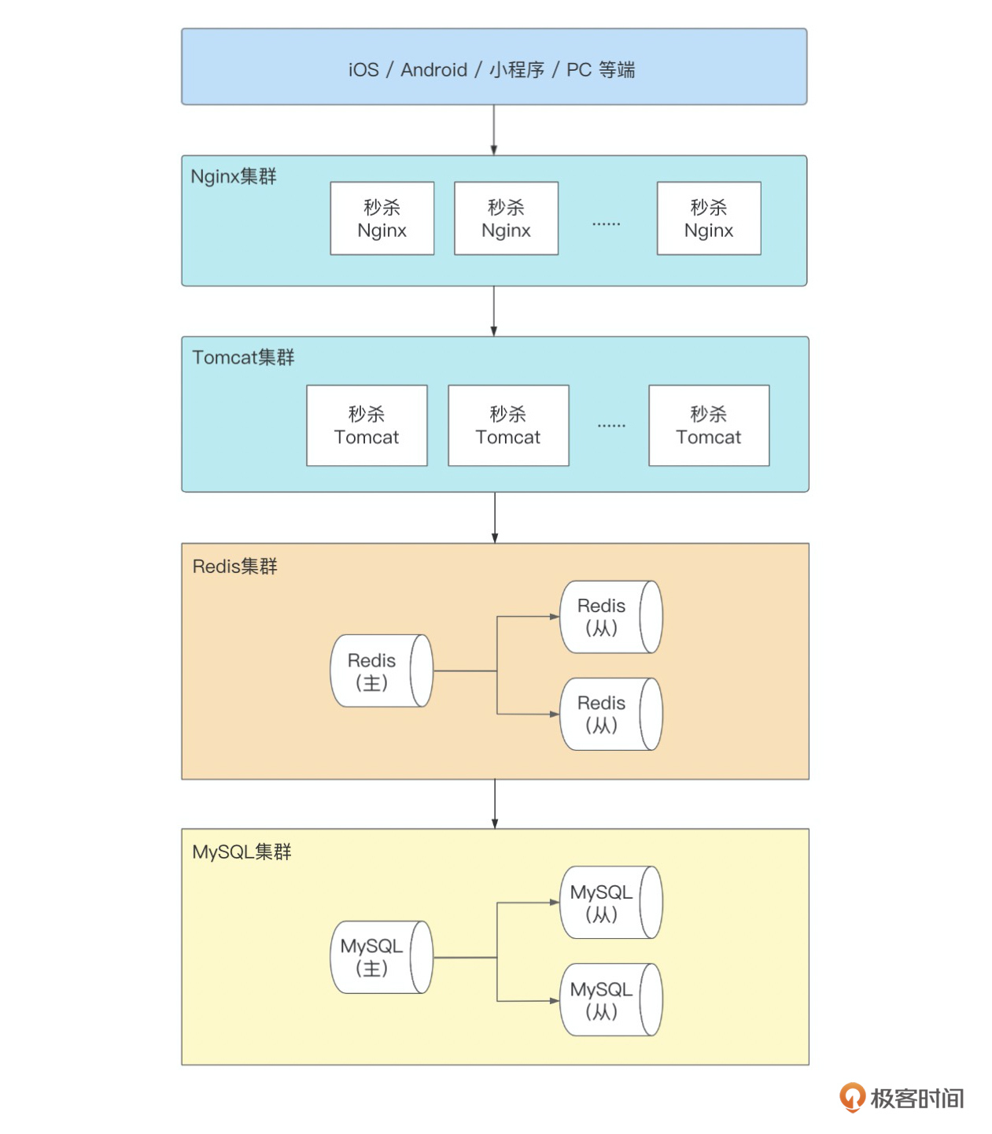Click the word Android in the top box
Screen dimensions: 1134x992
click(433, 70)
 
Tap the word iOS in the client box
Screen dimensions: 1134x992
click(363, 70)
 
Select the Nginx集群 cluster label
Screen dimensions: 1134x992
click(234, 176)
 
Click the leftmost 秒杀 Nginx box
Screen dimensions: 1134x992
click(382, 219)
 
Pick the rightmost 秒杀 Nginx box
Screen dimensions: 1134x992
click(709, 219)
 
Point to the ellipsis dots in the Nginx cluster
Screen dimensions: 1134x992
click(607, 224)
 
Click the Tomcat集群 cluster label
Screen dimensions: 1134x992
click(243, 357)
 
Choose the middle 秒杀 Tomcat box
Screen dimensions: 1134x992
click(508, 426)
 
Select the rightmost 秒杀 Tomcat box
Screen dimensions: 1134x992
click(709, 426)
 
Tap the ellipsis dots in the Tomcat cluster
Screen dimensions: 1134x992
click(611, 426)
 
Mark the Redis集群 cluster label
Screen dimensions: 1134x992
click(234, 567)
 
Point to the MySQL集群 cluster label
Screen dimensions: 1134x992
click(242, 852)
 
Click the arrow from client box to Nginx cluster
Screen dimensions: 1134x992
click(494, 130)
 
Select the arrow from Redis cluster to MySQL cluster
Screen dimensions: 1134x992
click(495, 803)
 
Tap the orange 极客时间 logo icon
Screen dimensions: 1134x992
click(852, 1097)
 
